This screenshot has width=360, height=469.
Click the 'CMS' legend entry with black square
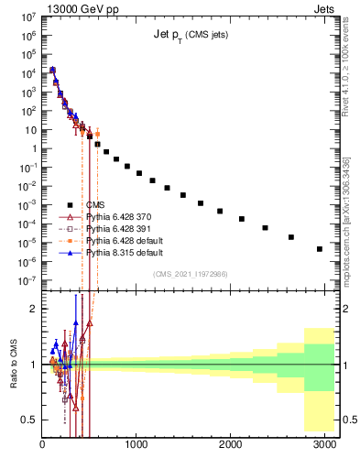95,205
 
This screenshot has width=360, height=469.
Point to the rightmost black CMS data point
319,248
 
